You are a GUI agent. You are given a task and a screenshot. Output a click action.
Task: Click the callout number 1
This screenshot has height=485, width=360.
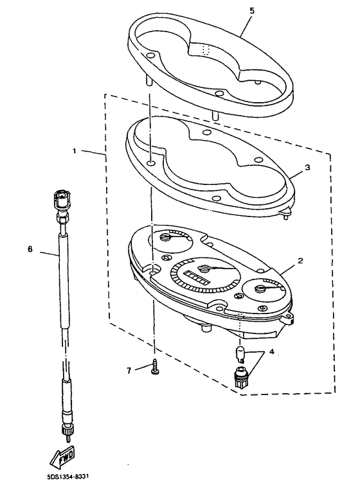[75, 152]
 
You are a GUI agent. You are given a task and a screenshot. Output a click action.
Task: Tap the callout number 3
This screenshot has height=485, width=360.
[307, 166]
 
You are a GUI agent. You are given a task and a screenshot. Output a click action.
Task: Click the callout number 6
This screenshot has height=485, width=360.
[30, 249]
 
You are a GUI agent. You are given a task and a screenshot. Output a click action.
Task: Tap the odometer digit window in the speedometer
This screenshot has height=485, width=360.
[196, 278]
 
